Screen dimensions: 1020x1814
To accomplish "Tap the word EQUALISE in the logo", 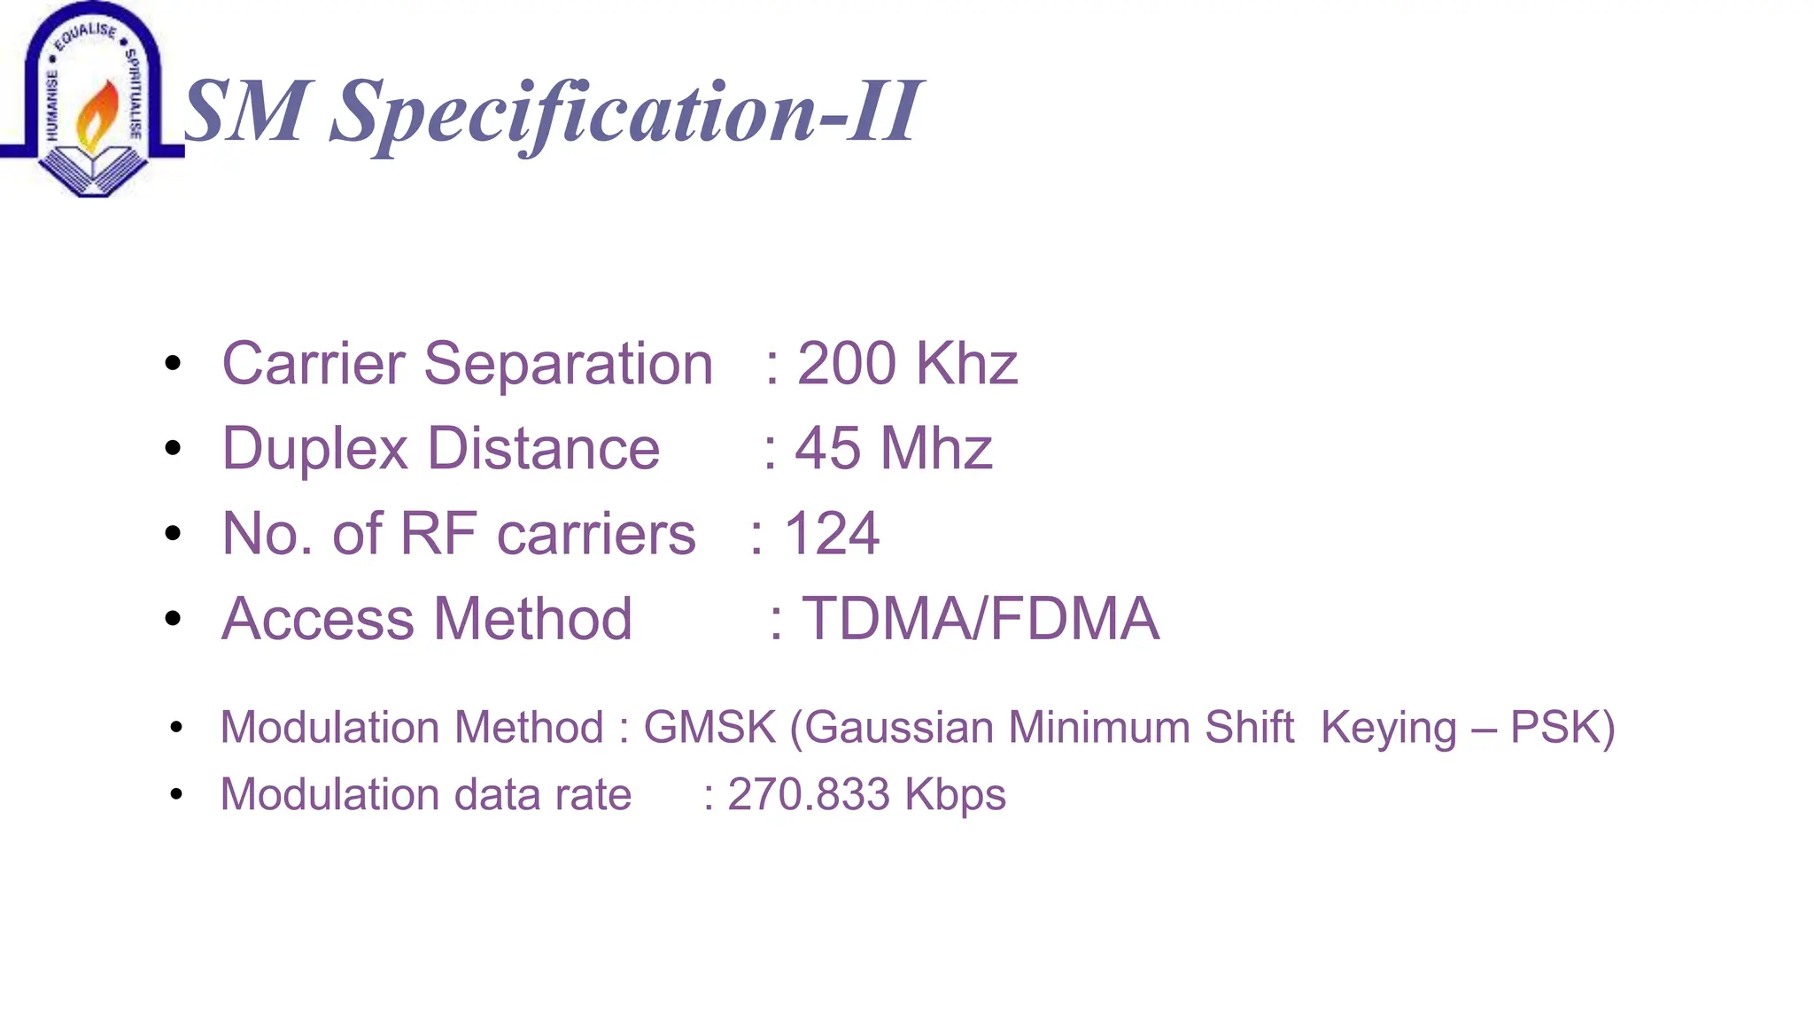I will (85, 35).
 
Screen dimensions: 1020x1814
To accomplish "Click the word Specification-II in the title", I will (625, 113).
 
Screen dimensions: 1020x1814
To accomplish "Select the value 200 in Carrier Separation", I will (846, 364).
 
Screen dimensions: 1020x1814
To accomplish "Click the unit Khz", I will (966, 364).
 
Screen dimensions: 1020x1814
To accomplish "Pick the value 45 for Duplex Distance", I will (827, 449).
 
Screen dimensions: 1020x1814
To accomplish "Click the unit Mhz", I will (936, 449).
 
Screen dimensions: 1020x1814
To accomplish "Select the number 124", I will (832, 534).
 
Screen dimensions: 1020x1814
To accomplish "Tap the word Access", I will (317, 619).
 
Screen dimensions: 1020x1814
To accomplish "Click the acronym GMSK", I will (709, 728).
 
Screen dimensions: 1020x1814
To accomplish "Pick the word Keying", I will (1388, 728).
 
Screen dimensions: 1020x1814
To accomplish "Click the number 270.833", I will (809, 794).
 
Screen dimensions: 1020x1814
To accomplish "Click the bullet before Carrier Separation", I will (173, 364).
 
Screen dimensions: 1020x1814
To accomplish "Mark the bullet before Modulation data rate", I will (176, 794).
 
